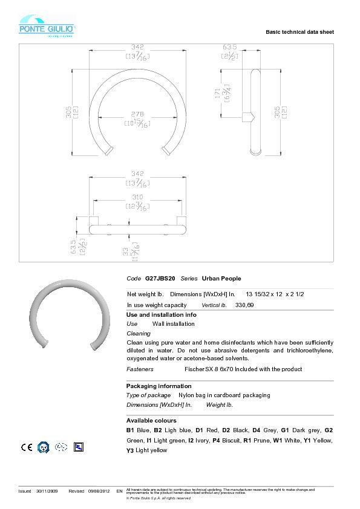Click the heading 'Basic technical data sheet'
(x=299, y=31)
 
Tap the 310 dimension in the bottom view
(x=137, y=198)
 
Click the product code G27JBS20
(x=160, y=279)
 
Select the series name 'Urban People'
(x=221, y=279)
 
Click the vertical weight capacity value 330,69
(x=244, y=305)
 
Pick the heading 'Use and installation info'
(x=161, y=315)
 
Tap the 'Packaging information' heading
(x=159, y=386)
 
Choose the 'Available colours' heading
(x=151, y=420)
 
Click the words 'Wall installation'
(x=174, y=324)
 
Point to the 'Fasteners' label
(x=140, y=369)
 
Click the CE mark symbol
(x=27, y=447)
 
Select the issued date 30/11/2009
(x=46, y=491)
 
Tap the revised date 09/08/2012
(x=99, y=491)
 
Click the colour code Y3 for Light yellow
(x=129, y=450)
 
